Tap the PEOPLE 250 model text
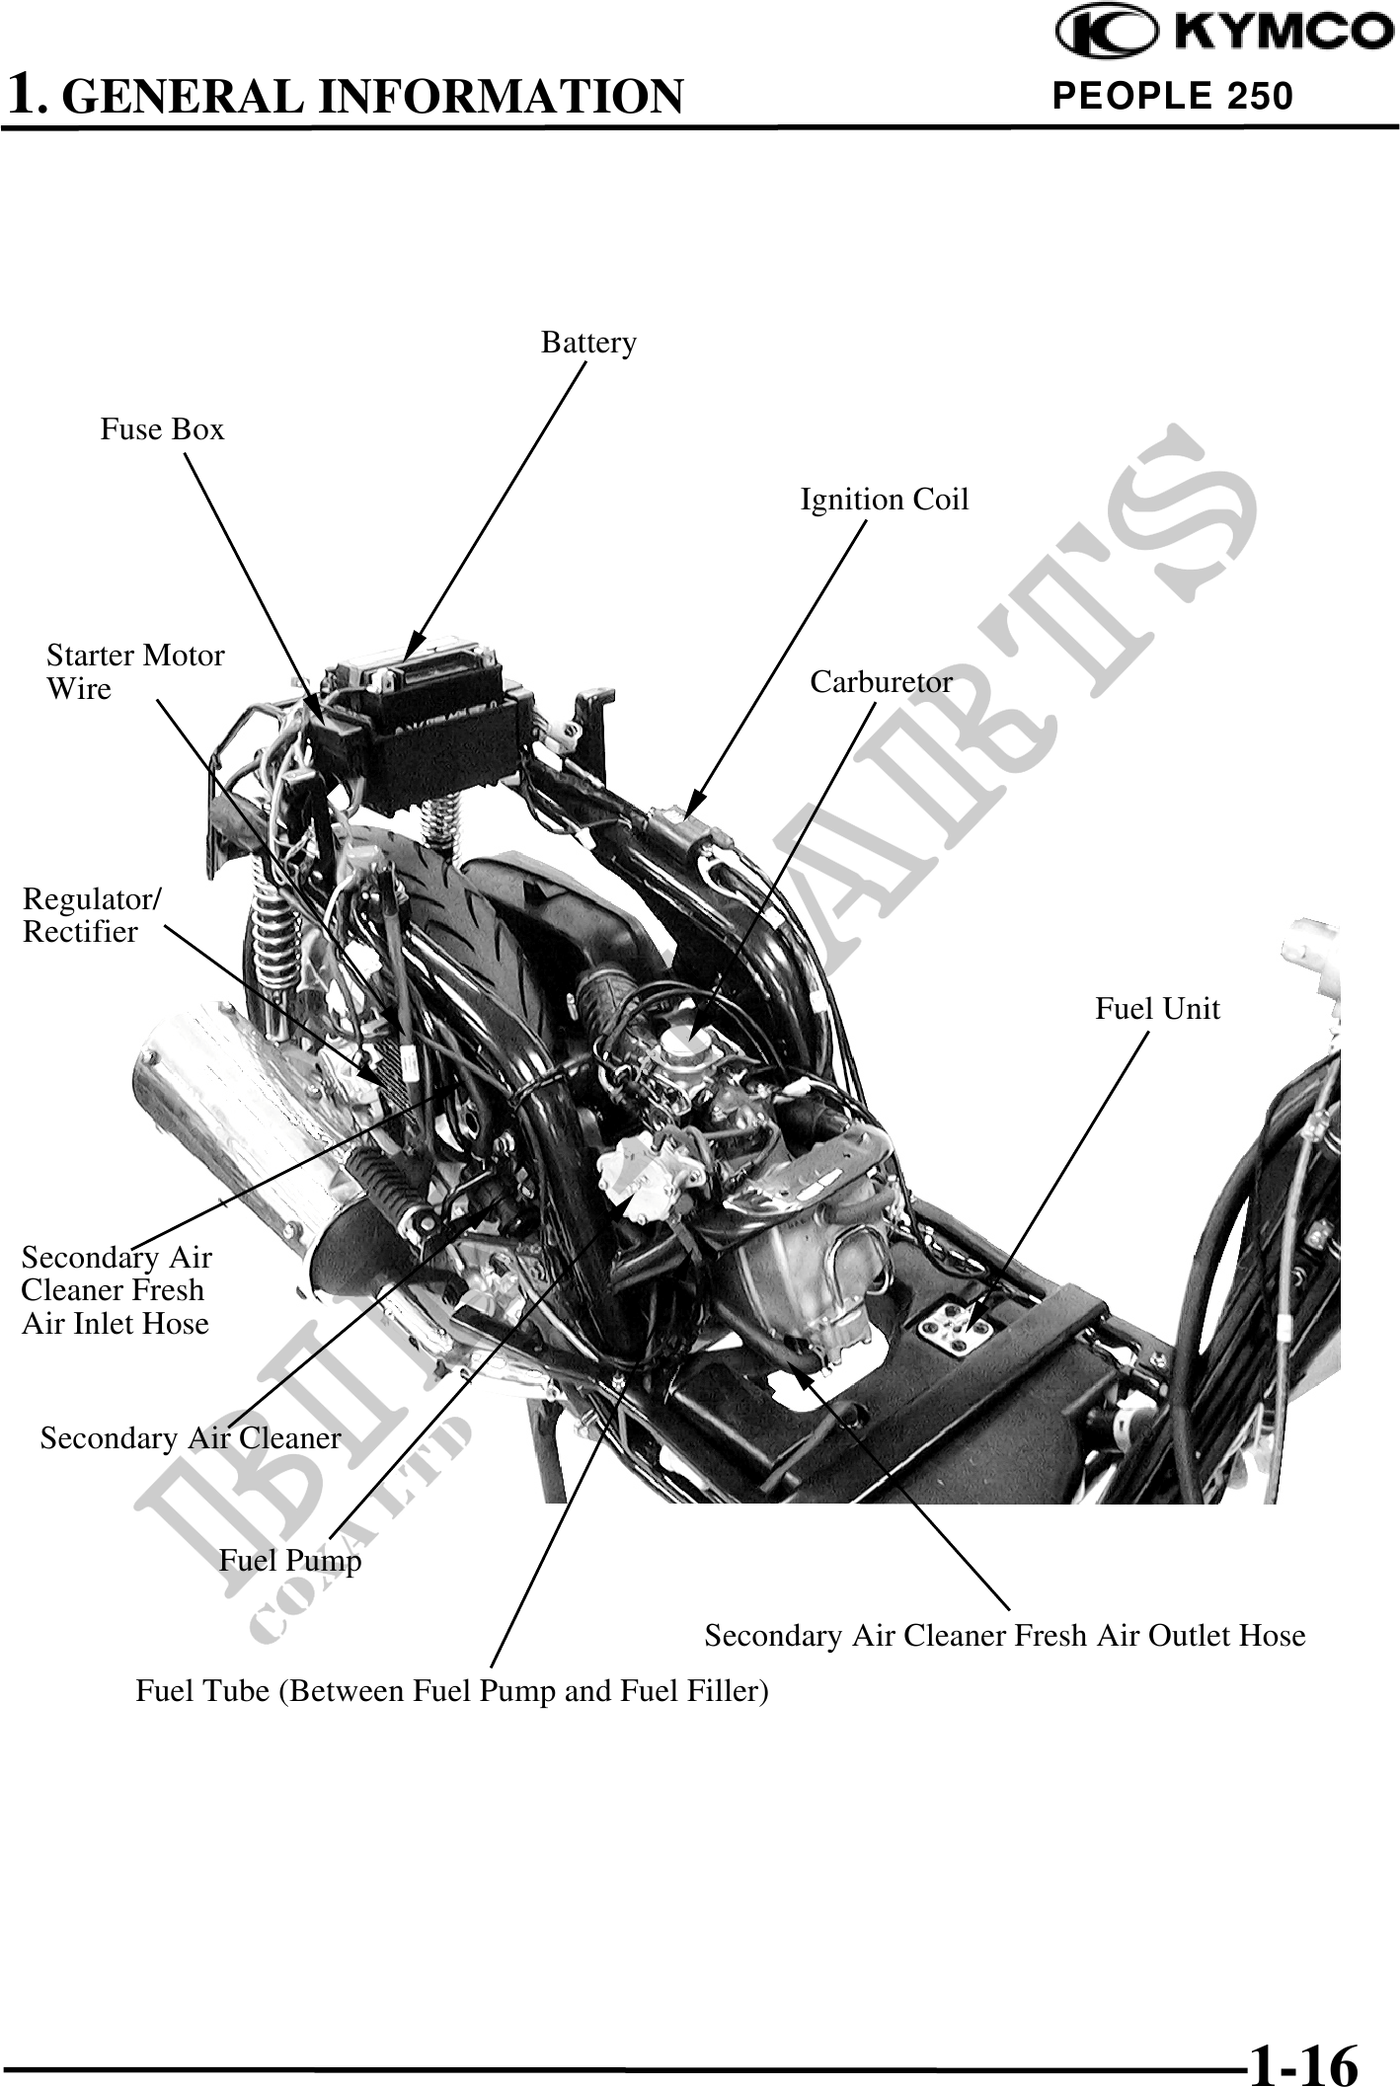pyautogui.click(x=1173, y=96)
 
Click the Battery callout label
pyautogui.click(x=588, y=343)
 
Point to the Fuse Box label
pyautogui.click(x=162, y=429)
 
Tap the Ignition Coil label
pyautogui.click(x=884, y=500)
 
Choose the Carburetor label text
pyautogui.click(x=881, y=682)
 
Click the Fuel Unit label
pyautogui.click(x=1157, y=1009)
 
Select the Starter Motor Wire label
pyautogui.click(x=135, y=671)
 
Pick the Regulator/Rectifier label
pyautogui.click(x=92, y=915)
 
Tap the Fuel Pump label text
pyautogui.click(x=290, y=1561)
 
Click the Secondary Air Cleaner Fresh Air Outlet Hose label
pyautogui.click(x=1004, y=1636)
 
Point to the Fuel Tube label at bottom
pyautogui.click(x=452, y=1691)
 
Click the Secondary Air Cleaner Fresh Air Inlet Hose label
pyautogui.click(x=117, y=1290)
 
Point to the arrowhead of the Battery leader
pyautogui.click(x=412, y=652)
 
